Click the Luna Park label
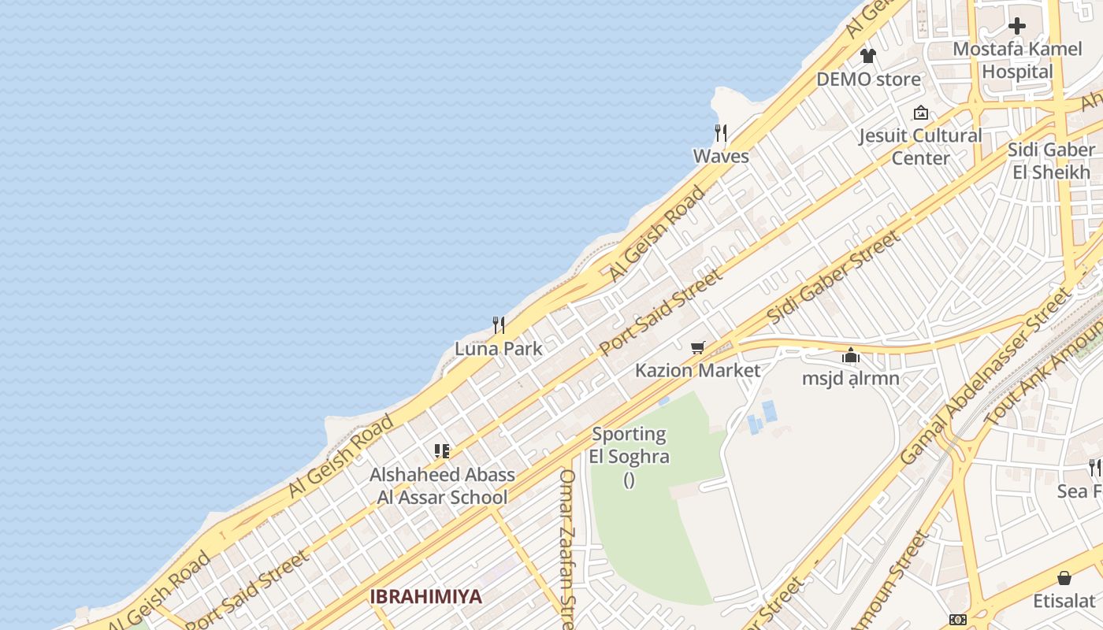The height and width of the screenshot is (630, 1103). coord(498,349)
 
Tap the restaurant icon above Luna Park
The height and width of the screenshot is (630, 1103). coord(498,324)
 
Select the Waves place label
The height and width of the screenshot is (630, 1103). coord(721,156)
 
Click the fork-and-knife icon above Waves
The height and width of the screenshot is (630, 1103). coord(721,132)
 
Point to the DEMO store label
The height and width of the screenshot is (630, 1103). coord(868,80)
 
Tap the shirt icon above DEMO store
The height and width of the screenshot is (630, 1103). coord(868,56)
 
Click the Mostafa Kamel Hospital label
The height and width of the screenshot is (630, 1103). coord(1017,61)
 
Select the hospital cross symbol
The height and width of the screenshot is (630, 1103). coord(1017,26)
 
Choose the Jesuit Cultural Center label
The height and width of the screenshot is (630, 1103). coord(920,146)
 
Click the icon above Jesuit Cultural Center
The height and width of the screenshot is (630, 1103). coord(920,113)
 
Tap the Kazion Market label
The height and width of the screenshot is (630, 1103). coord(698,370)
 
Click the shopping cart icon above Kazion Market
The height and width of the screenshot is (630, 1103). coord(697,347)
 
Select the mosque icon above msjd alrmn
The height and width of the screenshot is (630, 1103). coord(851,355)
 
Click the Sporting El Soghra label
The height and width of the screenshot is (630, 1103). coord(629,445)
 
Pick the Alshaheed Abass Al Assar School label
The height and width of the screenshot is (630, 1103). coord(442,486)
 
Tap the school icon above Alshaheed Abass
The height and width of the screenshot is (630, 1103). coord(442,451)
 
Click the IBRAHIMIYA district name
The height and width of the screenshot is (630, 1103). coord(425,596)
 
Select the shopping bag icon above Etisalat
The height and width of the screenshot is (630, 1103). coord(1064,578)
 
